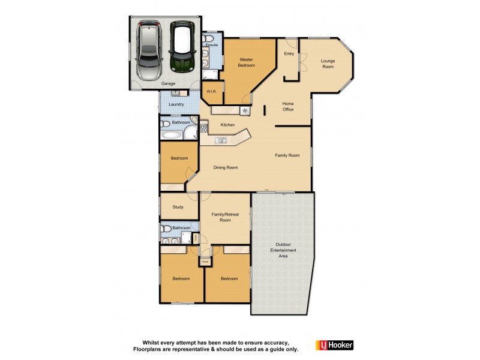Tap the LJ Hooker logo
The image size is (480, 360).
[x=334, y=345]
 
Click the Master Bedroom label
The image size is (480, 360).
[x=246, y=62]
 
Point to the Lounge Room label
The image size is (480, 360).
[x=328, y=64]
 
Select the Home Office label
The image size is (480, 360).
[x=288, y=106]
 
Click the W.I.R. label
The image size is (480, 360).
[x=211, y=91]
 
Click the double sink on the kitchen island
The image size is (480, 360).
[x=222, y=141]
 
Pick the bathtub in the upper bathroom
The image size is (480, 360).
[x=171, y=134]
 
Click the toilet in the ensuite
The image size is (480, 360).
[x=208, y=37]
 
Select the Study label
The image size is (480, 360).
[x=178, y=207]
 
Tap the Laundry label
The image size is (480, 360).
[x=176, y=104]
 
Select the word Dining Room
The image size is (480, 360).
[x=226, y=167]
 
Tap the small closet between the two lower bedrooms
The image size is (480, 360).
[x=205, y=262]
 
